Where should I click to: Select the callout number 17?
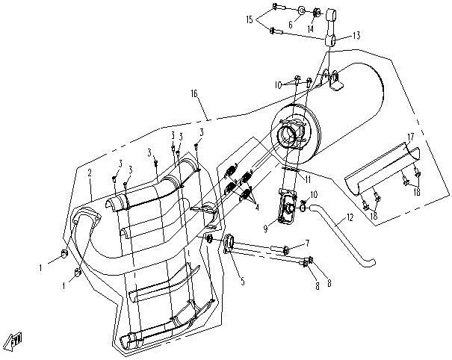409,137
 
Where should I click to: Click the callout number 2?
89,173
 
